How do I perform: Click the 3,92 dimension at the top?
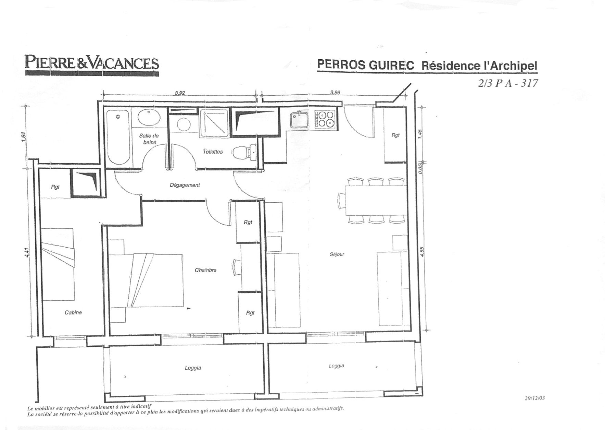tap(180, 93)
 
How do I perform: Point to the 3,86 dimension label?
tap(335, 93)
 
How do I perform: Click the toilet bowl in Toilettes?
tap(244, 152)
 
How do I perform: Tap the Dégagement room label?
tap(185, 185)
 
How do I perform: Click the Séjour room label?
tap(337, 254)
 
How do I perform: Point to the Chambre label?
tap(205, 270)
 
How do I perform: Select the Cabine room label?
tap(73, 312)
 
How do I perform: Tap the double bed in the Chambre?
tap(147, 280)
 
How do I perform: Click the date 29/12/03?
tap(534, 398)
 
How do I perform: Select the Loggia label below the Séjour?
tap(336, 366)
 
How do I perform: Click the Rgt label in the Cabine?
tap(55, 187)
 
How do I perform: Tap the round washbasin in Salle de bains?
tap(149, 117)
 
